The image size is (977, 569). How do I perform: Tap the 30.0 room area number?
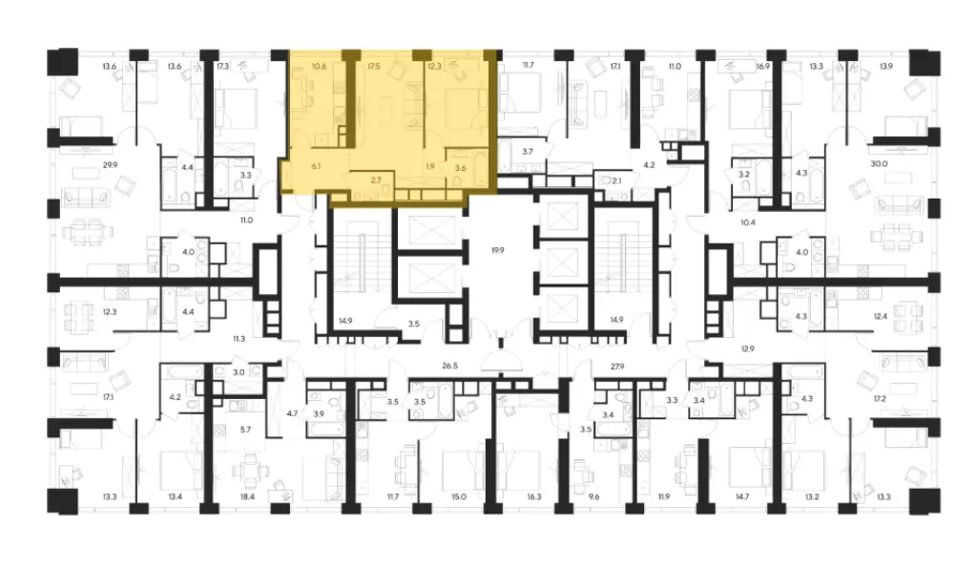tap(878, 163)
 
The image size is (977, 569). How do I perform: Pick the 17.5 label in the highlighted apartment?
tap(373, 67)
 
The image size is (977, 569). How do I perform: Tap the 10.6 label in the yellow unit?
tap(318, 67)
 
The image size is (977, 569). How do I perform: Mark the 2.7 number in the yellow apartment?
tap(376, 179)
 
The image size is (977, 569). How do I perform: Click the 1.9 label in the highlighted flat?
tap(430, 166)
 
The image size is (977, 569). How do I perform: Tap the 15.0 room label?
tap(458, 496)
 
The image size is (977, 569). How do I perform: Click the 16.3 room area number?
tap(533, 496)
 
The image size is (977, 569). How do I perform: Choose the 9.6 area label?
tap(593, 496)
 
